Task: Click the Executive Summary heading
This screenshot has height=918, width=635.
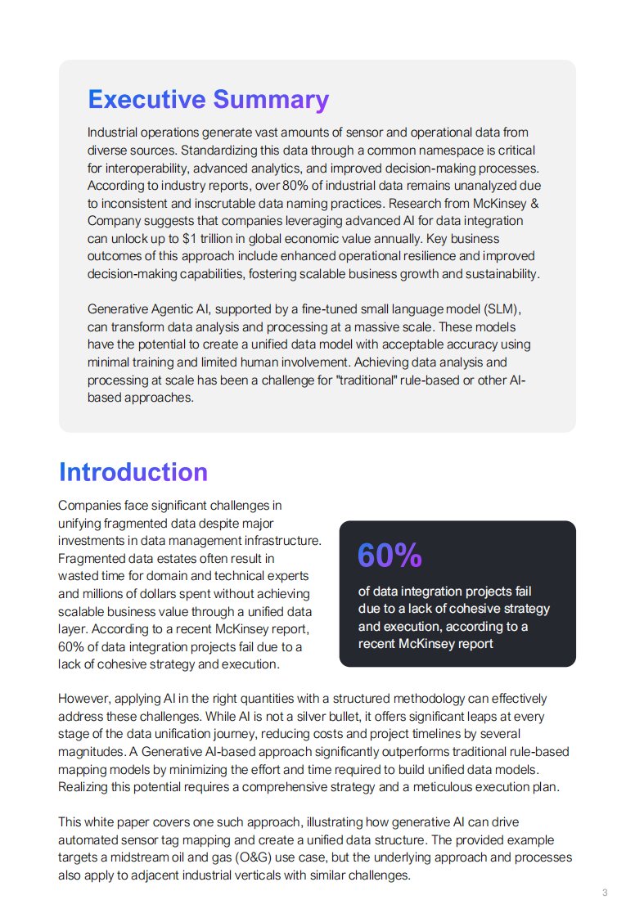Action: pyautogui.click(x=208, y=100)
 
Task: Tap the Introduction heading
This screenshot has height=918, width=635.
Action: pyautogui.click(x=133, y=472)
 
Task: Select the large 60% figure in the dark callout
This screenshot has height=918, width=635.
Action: pyautogui.click(x=390, y=556)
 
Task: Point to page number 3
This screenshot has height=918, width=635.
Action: pyautogui.click(x=605, y=893)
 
